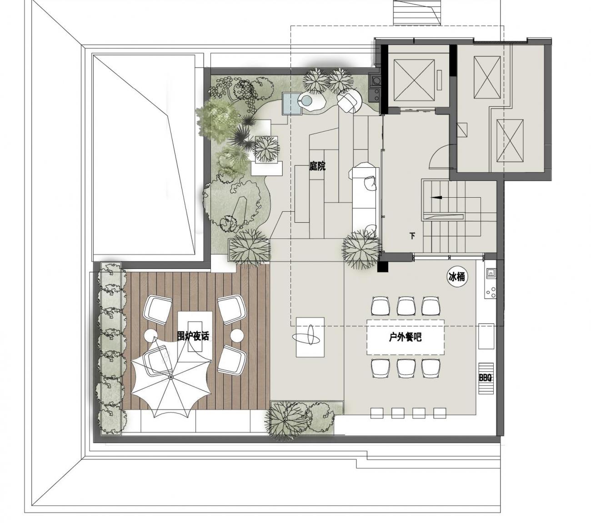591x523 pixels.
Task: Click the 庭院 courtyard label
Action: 317,166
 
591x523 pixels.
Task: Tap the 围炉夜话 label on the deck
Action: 193,336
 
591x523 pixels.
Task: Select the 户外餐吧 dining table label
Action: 405,337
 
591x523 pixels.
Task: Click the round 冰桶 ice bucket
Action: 457,277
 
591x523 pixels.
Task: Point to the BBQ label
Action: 485,378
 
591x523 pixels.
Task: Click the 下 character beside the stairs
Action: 412,236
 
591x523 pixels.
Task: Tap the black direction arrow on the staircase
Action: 436,197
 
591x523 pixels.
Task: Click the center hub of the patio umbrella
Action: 170,377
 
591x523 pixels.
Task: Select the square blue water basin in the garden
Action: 292,104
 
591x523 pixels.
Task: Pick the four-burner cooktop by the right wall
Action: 491,292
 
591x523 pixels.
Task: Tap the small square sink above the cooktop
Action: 491,273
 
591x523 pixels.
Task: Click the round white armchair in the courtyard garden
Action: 350,101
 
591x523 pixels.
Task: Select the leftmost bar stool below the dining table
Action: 376,413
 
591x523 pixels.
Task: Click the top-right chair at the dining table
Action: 431,306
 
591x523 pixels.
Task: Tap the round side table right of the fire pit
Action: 237,335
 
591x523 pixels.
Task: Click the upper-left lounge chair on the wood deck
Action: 158,309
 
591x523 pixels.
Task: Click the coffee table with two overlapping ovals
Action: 310,337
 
